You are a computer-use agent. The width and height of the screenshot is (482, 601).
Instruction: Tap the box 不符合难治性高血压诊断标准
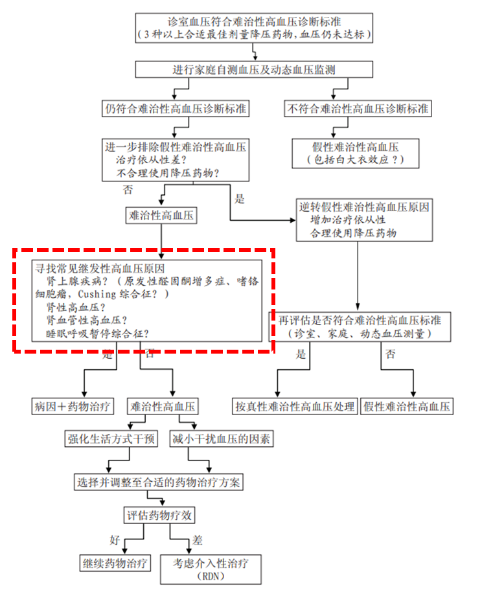(x=358, y=108)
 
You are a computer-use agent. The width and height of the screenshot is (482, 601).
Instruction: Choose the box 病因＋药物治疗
(x=73, y=407)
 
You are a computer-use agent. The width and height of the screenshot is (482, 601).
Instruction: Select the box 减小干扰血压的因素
(x=221, y=439)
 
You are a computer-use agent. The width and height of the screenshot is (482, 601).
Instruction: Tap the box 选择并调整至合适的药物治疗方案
(x=157, y=482)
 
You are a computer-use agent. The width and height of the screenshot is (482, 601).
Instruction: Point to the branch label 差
(x=197, y=540)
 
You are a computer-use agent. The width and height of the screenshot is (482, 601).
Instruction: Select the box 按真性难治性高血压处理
(x=295, y=407)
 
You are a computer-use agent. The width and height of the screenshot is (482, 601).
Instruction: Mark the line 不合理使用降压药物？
(x=168, y=173)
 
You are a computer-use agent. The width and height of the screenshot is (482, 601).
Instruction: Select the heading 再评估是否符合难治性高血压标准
(x=360, y=321)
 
